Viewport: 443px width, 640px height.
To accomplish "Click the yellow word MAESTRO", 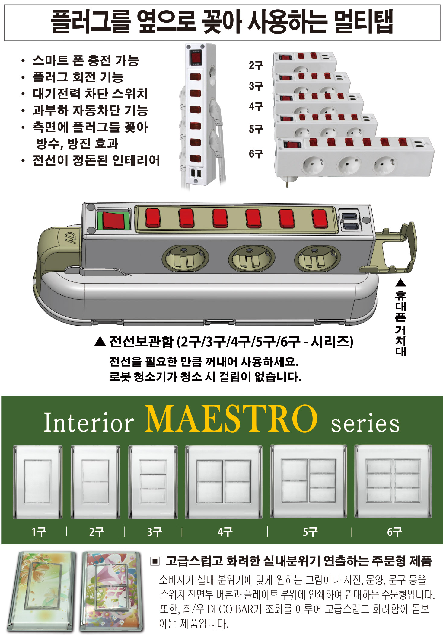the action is (231, 419).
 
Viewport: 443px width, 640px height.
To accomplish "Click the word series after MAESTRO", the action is (365, 423).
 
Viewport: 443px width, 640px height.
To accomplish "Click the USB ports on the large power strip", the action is (350, 221).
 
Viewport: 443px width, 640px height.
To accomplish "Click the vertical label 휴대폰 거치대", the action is (400, 323).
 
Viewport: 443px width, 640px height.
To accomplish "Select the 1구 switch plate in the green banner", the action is (38, 482).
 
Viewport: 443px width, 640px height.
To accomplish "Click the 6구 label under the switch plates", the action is (394, 532).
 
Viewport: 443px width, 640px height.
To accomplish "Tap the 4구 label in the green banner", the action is (225, 532).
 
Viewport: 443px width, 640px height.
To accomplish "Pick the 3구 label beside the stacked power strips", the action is (256, 86).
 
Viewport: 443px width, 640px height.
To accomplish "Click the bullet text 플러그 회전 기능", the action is (78, 77).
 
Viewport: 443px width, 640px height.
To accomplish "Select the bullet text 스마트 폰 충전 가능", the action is (86, 60).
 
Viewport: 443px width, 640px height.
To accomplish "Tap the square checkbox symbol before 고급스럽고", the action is (155, 561).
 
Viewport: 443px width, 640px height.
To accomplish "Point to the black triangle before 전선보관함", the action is (100, 342).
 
